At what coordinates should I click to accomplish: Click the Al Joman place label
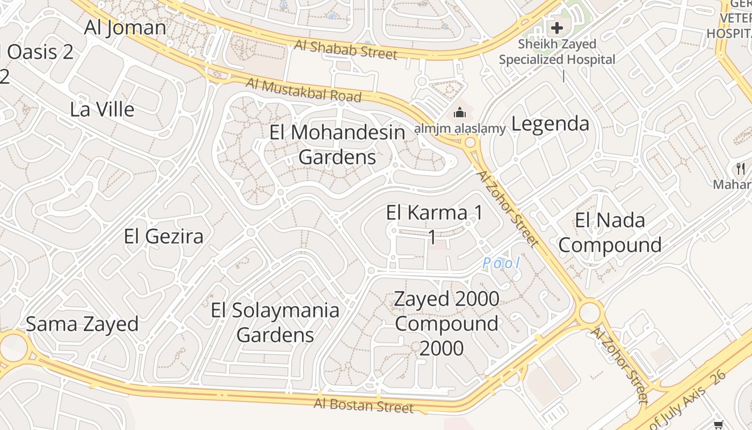point(125,27)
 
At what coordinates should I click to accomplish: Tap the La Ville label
point(102,109)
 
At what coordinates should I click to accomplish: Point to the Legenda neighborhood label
point(550,124)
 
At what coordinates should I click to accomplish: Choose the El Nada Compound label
point(610,232)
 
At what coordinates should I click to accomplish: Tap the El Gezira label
point(163,236)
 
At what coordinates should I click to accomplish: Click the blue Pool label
point(501,263)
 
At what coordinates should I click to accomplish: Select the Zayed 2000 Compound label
point(446,323)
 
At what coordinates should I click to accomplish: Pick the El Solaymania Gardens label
point(275,322)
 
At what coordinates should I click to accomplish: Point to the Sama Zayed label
point(82,324)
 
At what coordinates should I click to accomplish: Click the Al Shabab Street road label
point(346,49)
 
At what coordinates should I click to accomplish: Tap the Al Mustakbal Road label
point(303,90)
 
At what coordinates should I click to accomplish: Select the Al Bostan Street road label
point(364,405)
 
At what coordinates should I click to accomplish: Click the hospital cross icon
point(556,27)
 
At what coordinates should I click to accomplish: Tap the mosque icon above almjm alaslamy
point(459,113)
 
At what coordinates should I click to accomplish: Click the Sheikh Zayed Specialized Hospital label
point(557,52)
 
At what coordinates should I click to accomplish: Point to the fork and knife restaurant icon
point(741,169)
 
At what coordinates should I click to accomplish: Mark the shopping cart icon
point(719,425)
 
